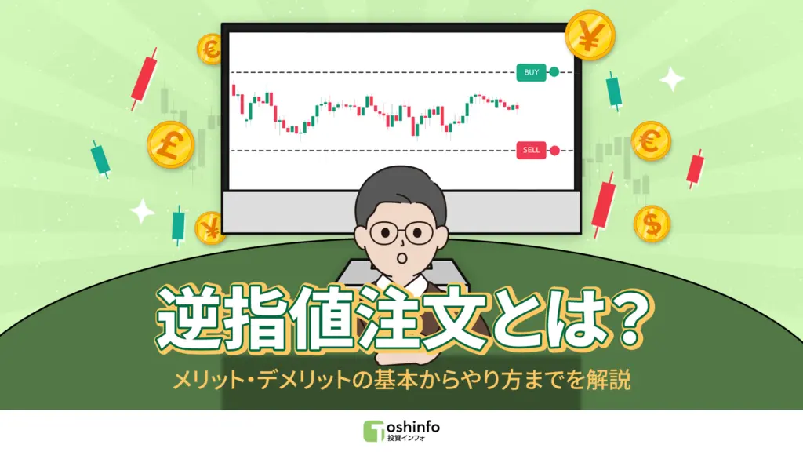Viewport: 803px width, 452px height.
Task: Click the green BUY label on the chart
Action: [x=531, y=73]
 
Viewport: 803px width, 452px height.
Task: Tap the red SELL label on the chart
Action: [x=530, y=150]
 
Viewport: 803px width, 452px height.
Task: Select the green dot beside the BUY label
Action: [x=554, y=73]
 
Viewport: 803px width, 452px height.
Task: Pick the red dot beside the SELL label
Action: [x=554, y=150]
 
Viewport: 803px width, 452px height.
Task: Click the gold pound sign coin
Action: [x=170, y=144]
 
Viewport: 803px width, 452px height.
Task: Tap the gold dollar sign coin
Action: [x=651, y=224]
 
